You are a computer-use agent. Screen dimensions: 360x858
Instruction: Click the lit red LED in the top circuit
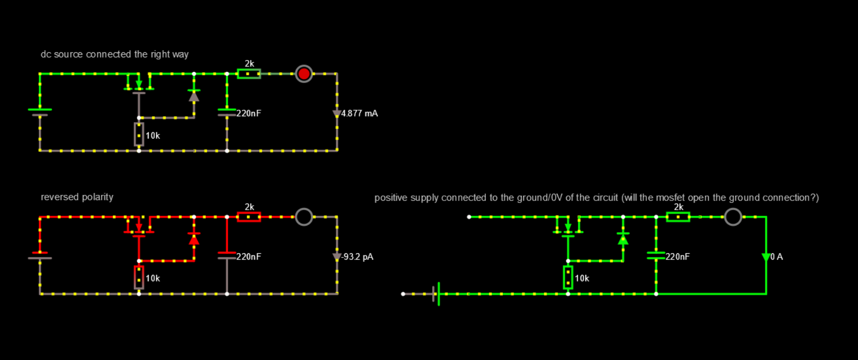(304, 74)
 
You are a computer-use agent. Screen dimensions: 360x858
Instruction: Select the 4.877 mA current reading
(359, 113)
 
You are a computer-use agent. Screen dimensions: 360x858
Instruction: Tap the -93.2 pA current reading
(357, 257)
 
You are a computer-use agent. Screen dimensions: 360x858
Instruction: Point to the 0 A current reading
(777, 257)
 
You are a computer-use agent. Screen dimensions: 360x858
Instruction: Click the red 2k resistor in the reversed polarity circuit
(249, 217)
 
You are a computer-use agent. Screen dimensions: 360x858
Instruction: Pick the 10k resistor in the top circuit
(139, 134)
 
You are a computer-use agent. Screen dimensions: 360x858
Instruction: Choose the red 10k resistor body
(139, 277)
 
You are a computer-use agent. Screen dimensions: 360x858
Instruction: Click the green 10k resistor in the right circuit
(568, 277)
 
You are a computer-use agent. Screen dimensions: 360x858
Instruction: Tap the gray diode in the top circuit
(194, 96)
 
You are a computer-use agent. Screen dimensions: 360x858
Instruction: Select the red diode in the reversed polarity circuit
(194, 239)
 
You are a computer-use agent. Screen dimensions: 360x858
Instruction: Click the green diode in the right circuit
(623, 239)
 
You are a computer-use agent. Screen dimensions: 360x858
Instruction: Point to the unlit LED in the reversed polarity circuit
(304, 217)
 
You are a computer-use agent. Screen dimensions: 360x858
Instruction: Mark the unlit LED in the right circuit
(733, 217)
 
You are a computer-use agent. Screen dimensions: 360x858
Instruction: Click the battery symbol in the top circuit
(40, 112)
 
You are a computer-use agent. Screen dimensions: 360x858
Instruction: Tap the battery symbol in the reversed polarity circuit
(40, 255)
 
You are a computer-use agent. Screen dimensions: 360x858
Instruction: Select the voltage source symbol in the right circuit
(437, 294)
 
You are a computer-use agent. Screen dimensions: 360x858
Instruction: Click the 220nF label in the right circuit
(677, 257)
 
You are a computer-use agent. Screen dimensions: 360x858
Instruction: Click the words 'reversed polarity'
(77, 197)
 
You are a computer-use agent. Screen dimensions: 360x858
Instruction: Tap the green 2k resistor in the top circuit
(249, 74)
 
